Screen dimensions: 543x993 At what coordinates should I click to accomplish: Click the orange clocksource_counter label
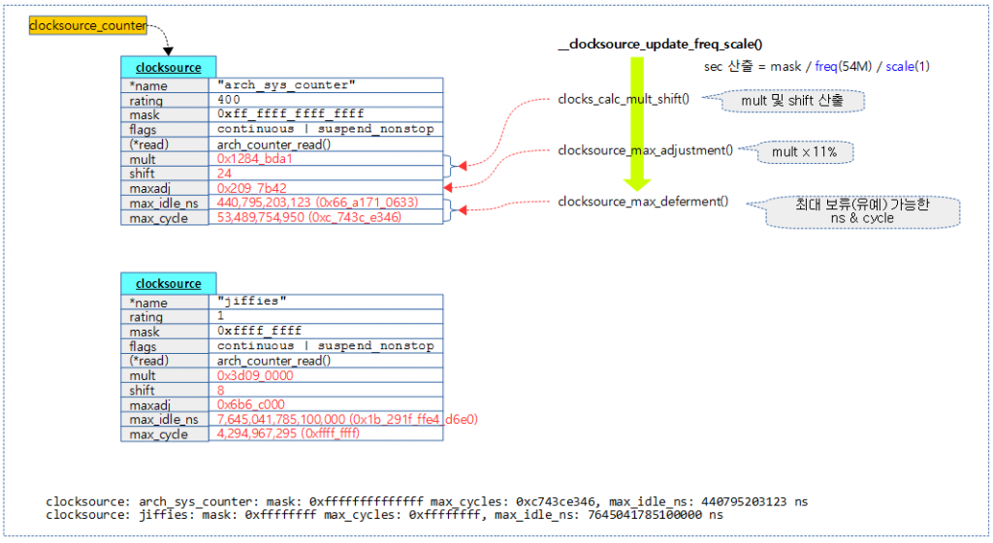point(88,25)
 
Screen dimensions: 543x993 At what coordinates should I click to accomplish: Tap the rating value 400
point(230,100)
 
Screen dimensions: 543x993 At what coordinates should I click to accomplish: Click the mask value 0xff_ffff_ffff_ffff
point(291,114)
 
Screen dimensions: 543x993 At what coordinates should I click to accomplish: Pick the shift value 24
point(225,173)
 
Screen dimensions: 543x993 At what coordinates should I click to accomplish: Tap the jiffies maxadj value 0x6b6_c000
point(253,403)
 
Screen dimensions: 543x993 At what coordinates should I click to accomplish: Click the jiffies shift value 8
point(221,389)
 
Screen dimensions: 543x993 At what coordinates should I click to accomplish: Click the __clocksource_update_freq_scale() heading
point(661,45)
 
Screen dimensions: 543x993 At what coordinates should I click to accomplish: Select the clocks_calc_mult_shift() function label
point(625,99)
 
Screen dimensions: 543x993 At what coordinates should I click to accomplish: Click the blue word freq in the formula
point(827,67)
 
